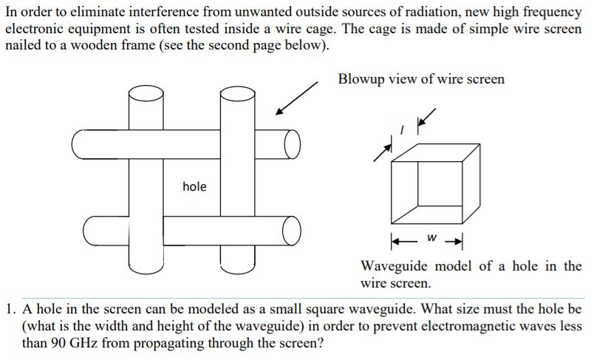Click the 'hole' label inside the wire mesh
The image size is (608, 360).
coord(194,186)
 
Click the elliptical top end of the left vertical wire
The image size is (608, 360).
coord(146,93)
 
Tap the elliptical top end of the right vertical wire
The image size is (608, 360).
coord(237,93)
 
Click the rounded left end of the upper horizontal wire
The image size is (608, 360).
coord(79,144)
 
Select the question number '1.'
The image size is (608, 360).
coord(10,310)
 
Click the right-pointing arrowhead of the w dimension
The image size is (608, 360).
coord(458,239)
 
